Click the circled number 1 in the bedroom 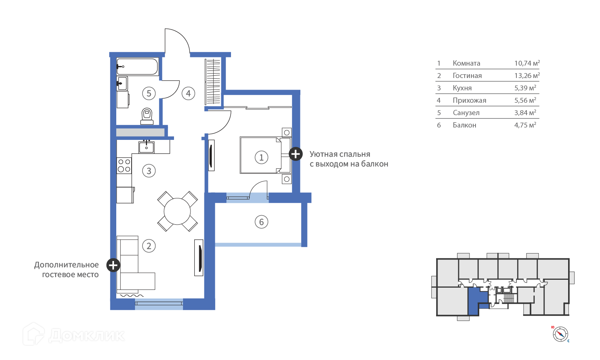coord(261,157)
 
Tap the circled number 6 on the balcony coord(261,222)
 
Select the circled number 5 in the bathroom coord(149,93)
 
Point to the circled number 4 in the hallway coord(188,93)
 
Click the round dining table coord(177,211)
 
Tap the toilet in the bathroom coord(147,116)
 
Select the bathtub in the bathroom coord(137,66)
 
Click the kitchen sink coord(146,147)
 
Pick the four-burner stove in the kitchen coord(124,165)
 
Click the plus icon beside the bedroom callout coord(295,154)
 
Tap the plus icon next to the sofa coord(113,265)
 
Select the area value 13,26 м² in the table coord(527,75)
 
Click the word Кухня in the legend coord(462,88)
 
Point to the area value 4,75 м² coord(525,125)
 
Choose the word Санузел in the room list coord(466,112)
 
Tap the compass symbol coord(560,334)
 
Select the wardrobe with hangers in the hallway coord(213,81)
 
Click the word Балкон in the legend coord(464,125)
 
